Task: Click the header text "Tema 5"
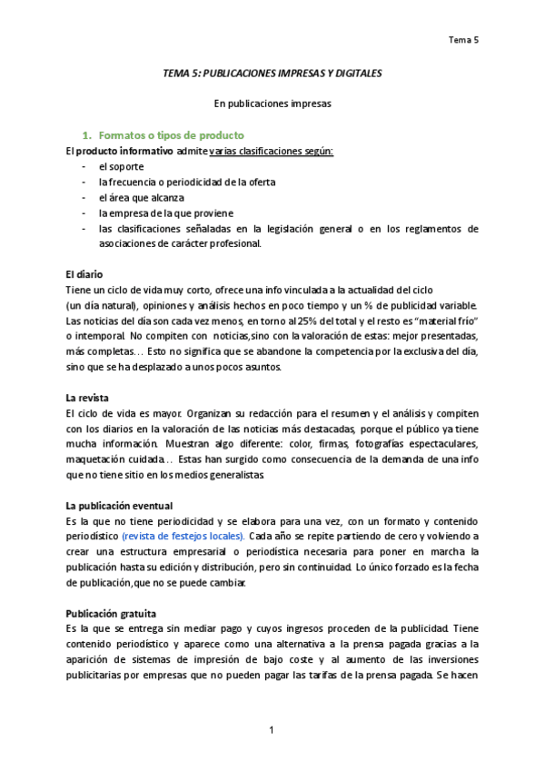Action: click(x=464, y=39)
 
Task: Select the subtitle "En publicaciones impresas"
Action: click(x=272, y=104)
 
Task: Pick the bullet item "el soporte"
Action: click(x=121, y=166)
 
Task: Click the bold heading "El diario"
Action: click(x=84, y=274)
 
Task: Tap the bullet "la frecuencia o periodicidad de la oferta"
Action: click(x=187, y=182)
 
